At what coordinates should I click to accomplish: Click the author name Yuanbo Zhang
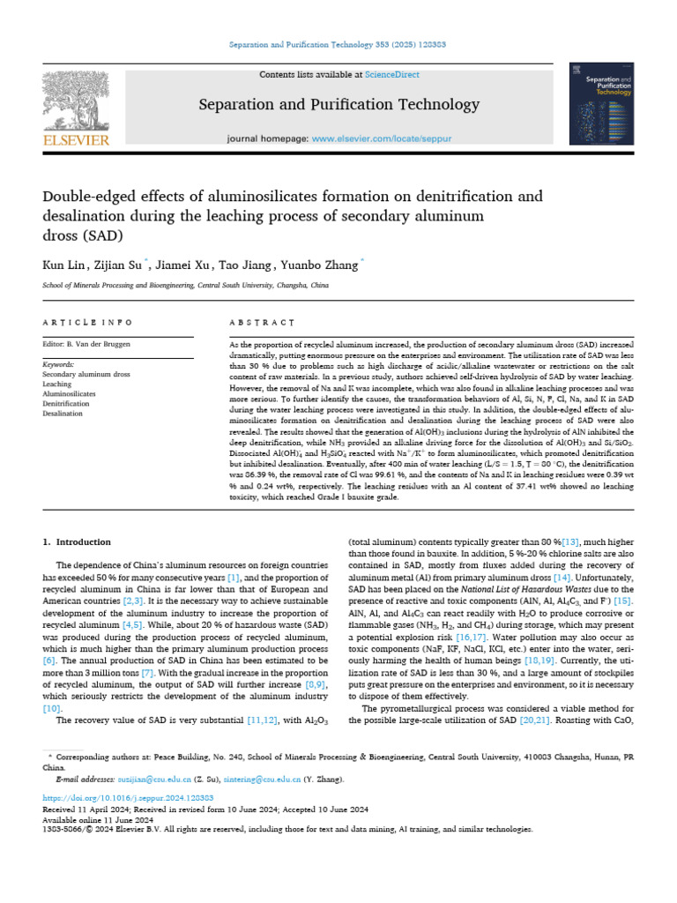click(322, 265)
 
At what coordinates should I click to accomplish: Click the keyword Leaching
click(57, 384)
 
